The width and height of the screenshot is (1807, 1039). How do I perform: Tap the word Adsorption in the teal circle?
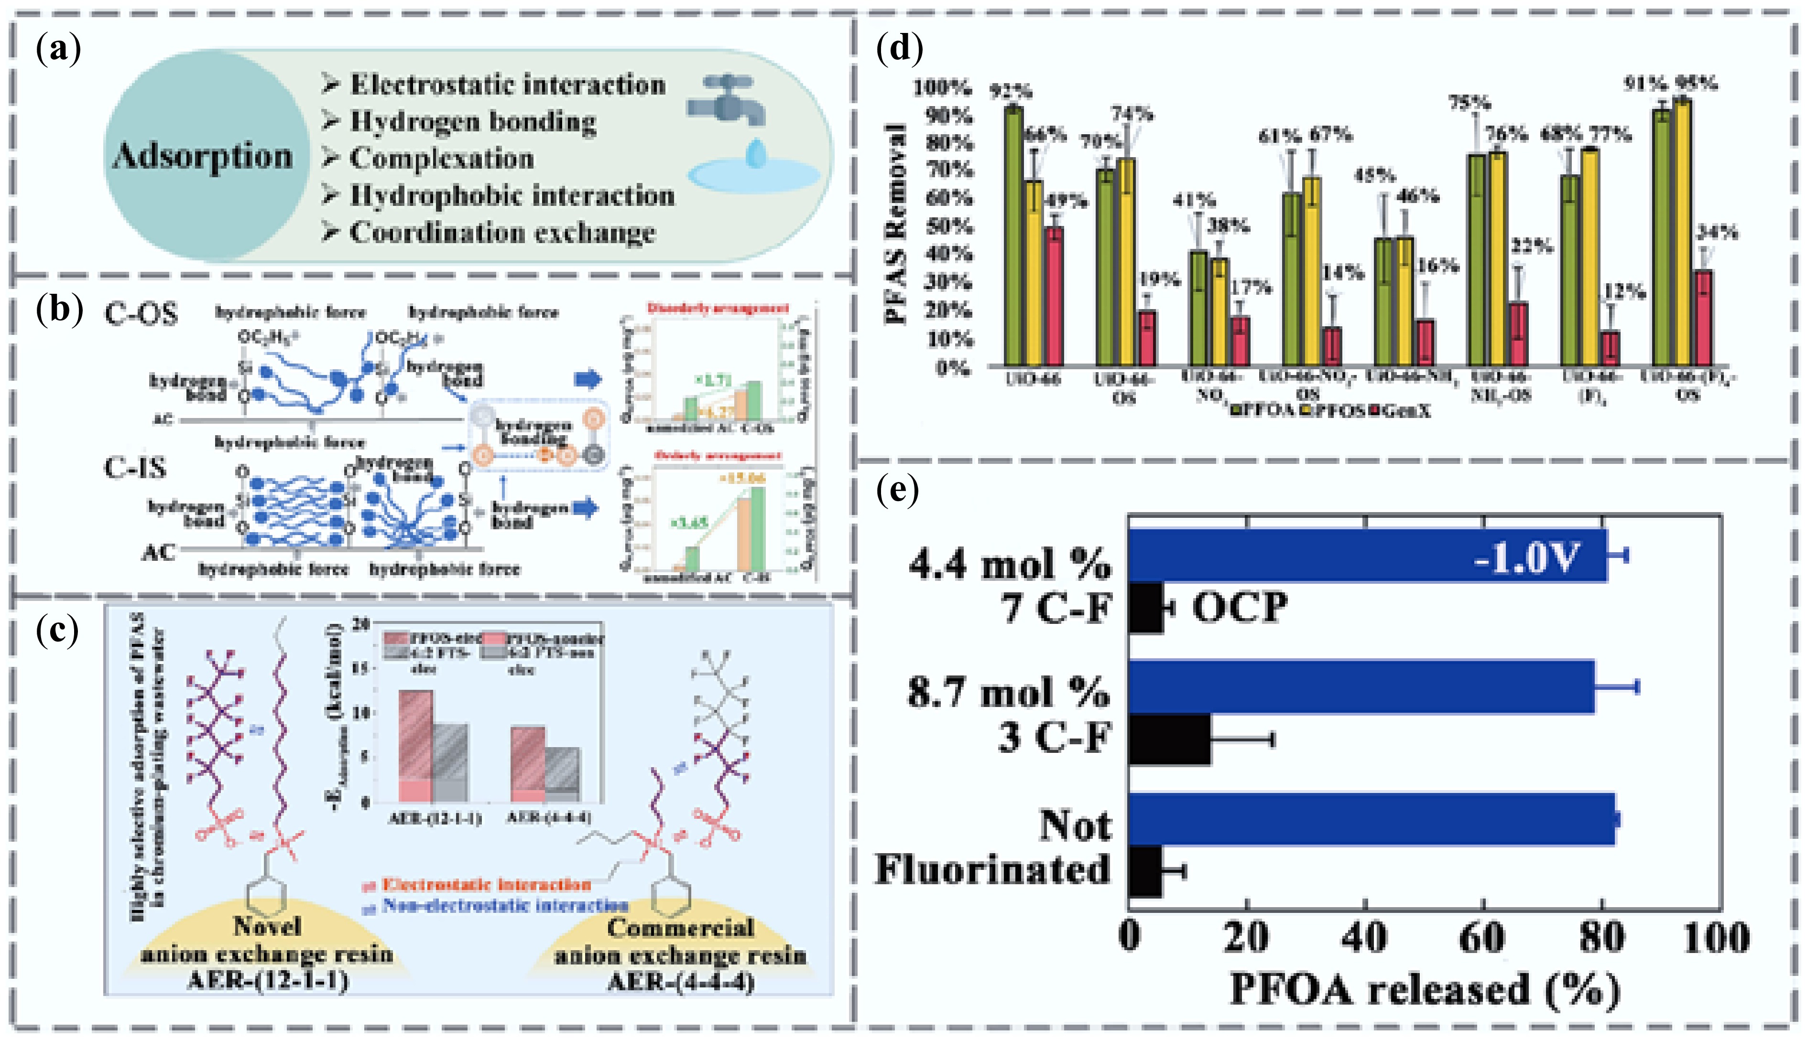point(203,156)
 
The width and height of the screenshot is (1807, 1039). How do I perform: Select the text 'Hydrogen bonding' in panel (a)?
point(473,121)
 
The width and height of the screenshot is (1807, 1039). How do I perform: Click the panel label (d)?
point(899,49)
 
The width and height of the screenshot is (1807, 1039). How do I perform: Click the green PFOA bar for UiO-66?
point(1013,236)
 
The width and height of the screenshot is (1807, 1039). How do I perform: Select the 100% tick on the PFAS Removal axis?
point(942,88)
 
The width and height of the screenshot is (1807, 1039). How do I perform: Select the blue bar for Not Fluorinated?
point(1371,819)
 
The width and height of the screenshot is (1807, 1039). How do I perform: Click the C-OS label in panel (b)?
point(141,314)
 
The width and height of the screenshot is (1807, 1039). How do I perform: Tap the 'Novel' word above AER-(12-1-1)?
point(267,926)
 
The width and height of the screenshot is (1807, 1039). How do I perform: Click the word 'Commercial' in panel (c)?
point(680,928)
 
